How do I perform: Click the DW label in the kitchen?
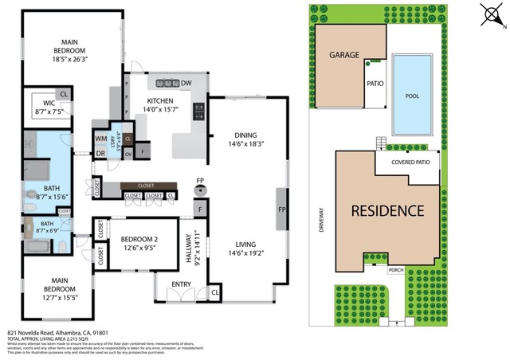tap(186, 83)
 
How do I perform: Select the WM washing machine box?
tap(101, 139)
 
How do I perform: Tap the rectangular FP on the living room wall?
tap(281, 209)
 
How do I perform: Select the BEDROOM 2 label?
tap(139, 239)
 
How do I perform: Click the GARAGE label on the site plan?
tap(345, 56)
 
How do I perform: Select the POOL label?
tap(412, 96)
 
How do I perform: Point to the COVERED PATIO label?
tap(410, 162)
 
